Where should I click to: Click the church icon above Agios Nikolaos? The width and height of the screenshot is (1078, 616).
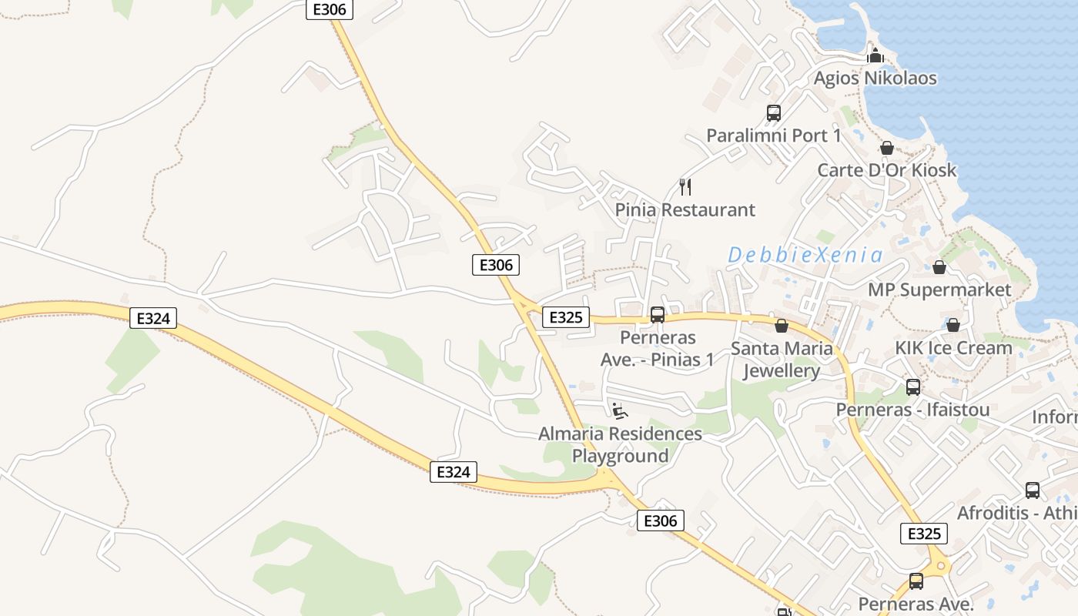click(x=875, y=55)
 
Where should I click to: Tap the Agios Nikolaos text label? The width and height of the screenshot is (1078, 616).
click(x=875, y=78)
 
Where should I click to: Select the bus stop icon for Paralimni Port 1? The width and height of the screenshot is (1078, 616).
click(x=774, y=113)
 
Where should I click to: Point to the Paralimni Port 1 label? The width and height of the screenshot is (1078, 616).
click(x=774, y=136)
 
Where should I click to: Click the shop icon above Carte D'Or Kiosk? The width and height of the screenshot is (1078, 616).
click(x=887, y=148)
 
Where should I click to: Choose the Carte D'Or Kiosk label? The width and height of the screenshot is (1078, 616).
click(x=887, y=170)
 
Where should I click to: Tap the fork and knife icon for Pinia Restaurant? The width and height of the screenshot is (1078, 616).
click(x=685, y=186)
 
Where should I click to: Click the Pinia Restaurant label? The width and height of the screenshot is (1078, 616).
click(x=685, y=209)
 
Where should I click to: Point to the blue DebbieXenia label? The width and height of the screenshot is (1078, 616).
click(x=805, y=255)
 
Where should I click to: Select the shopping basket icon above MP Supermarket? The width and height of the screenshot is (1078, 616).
click(x=939, y=267)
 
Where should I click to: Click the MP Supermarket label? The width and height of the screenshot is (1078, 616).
click(x=939, y=290)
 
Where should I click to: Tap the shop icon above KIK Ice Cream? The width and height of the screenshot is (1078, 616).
click(x=953, y=325)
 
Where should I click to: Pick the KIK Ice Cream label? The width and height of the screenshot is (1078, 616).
click(x=953, y=348)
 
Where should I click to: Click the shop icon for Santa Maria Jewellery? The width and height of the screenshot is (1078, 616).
click(x=782, y=326)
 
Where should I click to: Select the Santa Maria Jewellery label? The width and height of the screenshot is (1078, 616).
click(x=782, y=360)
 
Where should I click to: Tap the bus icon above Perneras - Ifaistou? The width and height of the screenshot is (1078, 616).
click(x=913, y=387)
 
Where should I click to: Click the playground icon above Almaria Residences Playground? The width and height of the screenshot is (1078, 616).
click(x=620, y=411)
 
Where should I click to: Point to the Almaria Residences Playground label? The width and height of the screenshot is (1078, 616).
click(x=620, y=444)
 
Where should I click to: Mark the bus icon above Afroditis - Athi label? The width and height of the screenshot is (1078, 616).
click(x=1033, y=490)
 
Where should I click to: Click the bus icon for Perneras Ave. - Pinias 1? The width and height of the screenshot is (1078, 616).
click(x=658, y=314)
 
